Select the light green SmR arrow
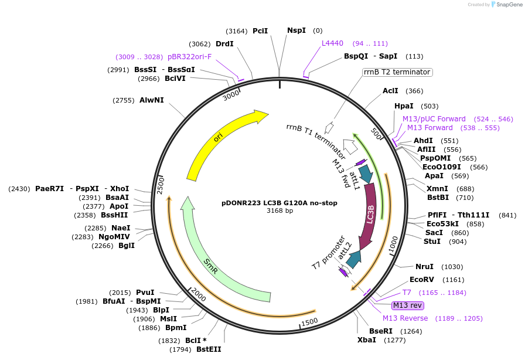(x=211, y=270)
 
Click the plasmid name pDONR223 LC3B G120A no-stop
(x=279, y=203)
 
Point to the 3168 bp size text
(x=279, y=210)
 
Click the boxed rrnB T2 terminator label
(x=397, y=72)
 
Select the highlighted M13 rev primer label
(x=407, y=305)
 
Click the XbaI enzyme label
(x=367, y=339)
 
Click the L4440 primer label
(x=332, y=43)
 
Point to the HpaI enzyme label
(x=404, y=106)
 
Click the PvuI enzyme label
(x=145, y=293)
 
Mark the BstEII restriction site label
(x=209, y=349)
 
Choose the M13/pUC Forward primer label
(x=434, y=119)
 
